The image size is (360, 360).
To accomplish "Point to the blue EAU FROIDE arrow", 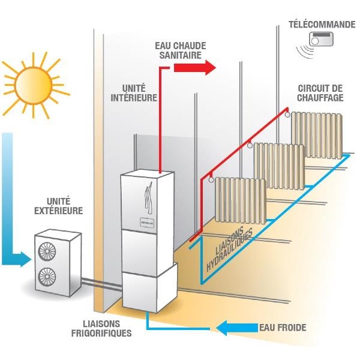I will coord(235,328).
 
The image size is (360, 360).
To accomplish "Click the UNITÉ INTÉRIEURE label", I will coord(139,92).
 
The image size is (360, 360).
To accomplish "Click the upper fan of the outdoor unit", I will coord(46,249).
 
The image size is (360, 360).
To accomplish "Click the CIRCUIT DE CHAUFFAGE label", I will coord(320,93).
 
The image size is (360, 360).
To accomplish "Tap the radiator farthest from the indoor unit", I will coord(316,135).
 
